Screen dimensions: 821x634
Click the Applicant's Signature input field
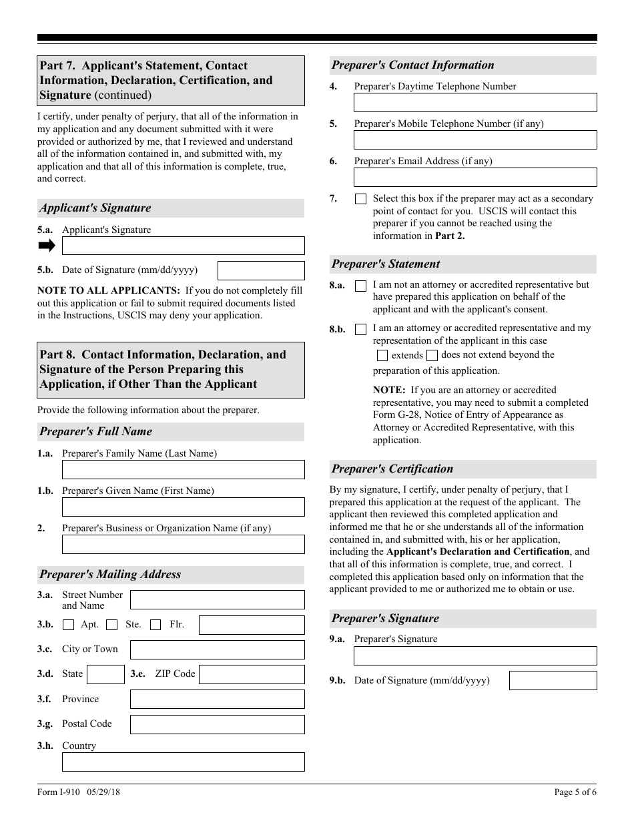click(x=183, y=246)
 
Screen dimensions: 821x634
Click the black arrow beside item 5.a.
click(x=47, y=246)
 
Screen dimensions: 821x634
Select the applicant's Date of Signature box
click(x=261, y=270)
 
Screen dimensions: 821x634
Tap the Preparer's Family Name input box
click(x=183, y=469)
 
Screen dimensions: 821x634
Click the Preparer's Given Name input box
click(x=183, y=507)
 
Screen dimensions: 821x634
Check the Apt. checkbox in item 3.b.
click(x=68, y=625)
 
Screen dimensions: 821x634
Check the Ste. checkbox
click(x=112, y=625)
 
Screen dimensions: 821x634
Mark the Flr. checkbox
click(x=155, y=625)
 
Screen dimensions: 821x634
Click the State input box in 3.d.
click(x=105, y=674)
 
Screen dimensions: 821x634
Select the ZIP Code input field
click(x=252, y=674)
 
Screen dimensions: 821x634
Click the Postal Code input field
click(x=217, y=724)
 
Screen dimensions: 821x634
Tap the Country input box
click(x=183, y=762)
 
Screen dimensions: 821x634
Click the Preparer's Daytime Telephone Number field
click(x=474, y=102)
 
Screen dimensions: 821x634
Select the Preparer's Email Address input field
click(x=474, y=177)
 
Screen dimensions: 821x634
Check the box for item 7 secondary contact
click(x=360, y=199)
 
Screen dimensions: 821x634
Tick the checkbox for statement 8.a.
click(x=360, y=286)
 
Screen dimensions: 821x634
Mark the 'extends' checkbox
click(x=382, y=356)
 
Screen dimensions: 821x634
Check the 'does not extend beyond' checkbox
click(x=432, y=355)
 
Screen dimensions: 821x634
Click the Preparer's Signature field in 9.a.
click(x=474, y=655)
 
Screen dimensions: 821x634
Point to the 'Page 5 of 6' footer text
click(x=575, y=792)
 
